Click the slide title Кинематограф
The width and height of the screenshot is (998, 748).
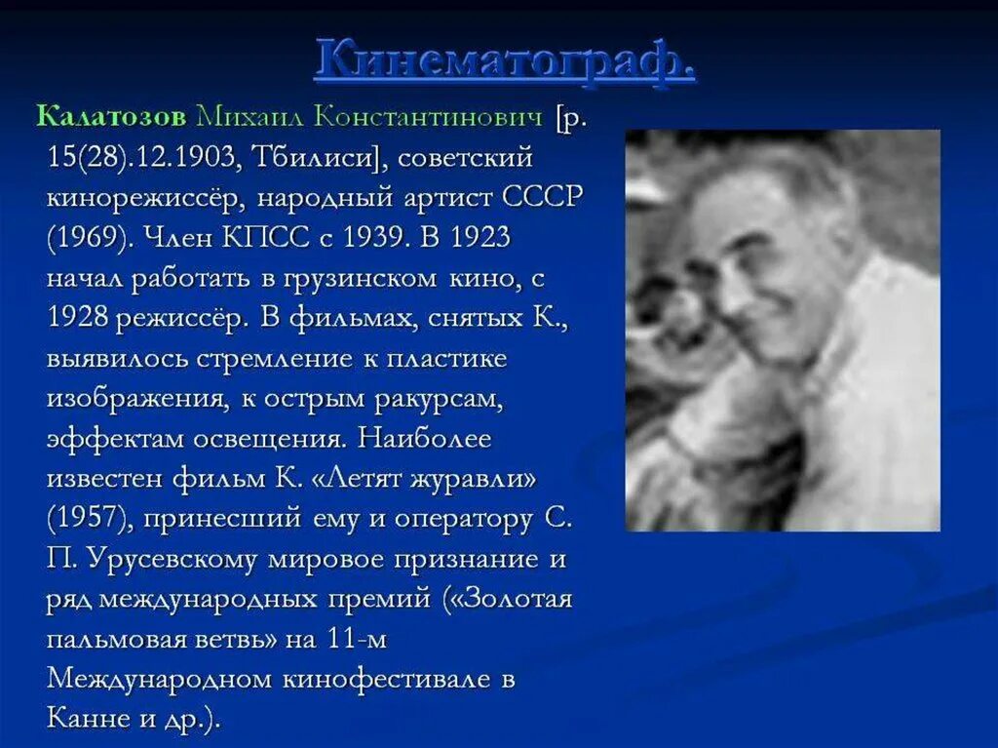(x=505, y=61)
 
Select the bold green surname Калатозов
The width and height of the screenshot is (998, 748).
(x=110, y=116)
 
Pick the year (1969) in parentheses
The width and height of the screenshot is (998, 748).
(x=87, y=237)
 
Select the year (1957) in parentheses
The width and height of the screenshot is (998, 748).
(x=87, y=520)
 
